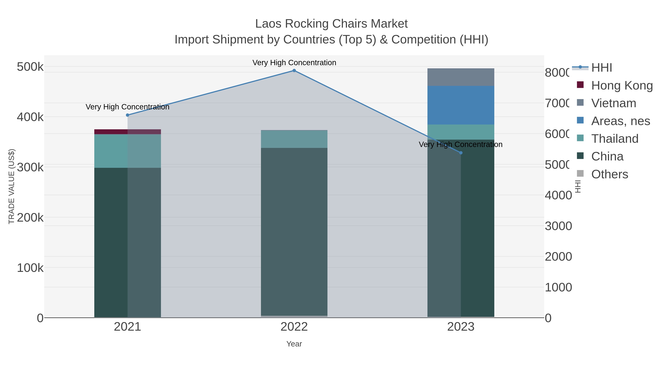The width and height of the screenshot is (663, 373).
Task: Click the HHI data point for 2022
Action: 294,71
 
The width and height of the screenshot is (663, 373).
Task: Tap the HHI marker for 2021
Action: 127,115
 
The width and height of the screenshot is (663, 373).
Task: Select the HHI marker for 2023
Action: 461,153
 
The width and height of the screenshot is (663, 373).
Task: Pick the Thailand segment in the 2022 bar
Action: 294,139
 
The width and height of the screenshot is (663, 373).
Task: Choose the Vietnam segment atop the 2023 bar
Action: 461,77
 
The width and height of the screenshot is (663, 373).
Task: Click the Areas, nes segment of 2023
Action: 461,105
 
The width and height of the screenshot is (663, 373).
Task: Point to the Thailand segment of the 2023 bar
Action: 461,132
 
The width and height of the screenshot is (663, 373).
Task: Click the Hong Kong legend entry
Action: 622,85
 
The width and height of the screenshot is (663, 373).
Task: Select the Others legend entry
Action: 609,174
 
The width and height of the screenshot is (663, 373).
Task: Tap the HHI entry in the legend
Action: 601,68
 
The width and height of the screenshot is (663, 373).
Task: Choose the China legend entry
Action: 607,157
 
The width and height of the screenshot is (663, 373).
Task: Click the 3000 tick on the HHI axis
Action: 558,226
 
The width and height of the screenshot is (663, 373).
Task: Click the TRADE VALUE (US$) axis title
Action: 12,186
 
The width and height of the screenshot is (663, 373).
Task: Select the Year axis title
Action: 294,344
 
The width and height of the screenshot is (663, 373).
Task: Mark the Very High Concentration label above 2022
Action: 294,63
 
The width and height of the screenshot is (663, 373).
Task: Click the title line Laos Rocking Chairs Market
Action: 331,24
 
